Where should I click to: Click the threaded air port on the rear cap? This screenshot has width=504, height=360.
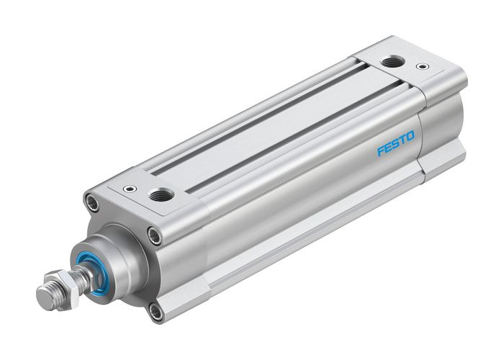[x=392, y=62]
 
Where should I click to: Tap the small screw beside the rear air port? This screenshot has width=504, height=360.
[x=423, y=66]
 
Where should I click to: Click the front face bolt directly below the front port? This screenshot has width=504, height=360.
[x=155, y=234]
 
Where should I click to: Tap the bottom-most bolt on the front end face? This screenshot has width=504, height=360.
[x=156, y=310]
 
